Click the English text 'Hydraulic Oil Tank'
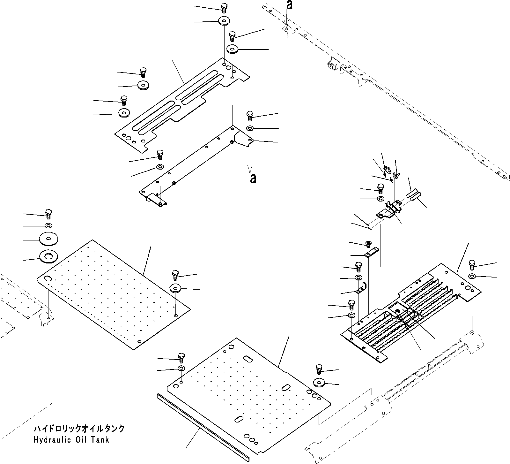click(x=71, y=440)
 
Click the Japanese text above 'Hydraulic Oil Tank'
click(x=79, y=429)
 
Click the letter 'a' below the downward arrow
click(x=253, y=179)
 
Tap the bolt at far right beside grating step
click(x=472, y=265)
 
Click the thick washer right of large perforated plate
click(x=175, y=288)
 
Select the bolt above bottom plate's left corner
click(x=181, y=357)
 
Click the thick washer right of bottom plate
click(x=319, y=382)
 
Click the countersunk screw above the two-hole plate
click(x=368, y=244)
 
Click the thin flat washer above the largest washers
click(x=48, y=226)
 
